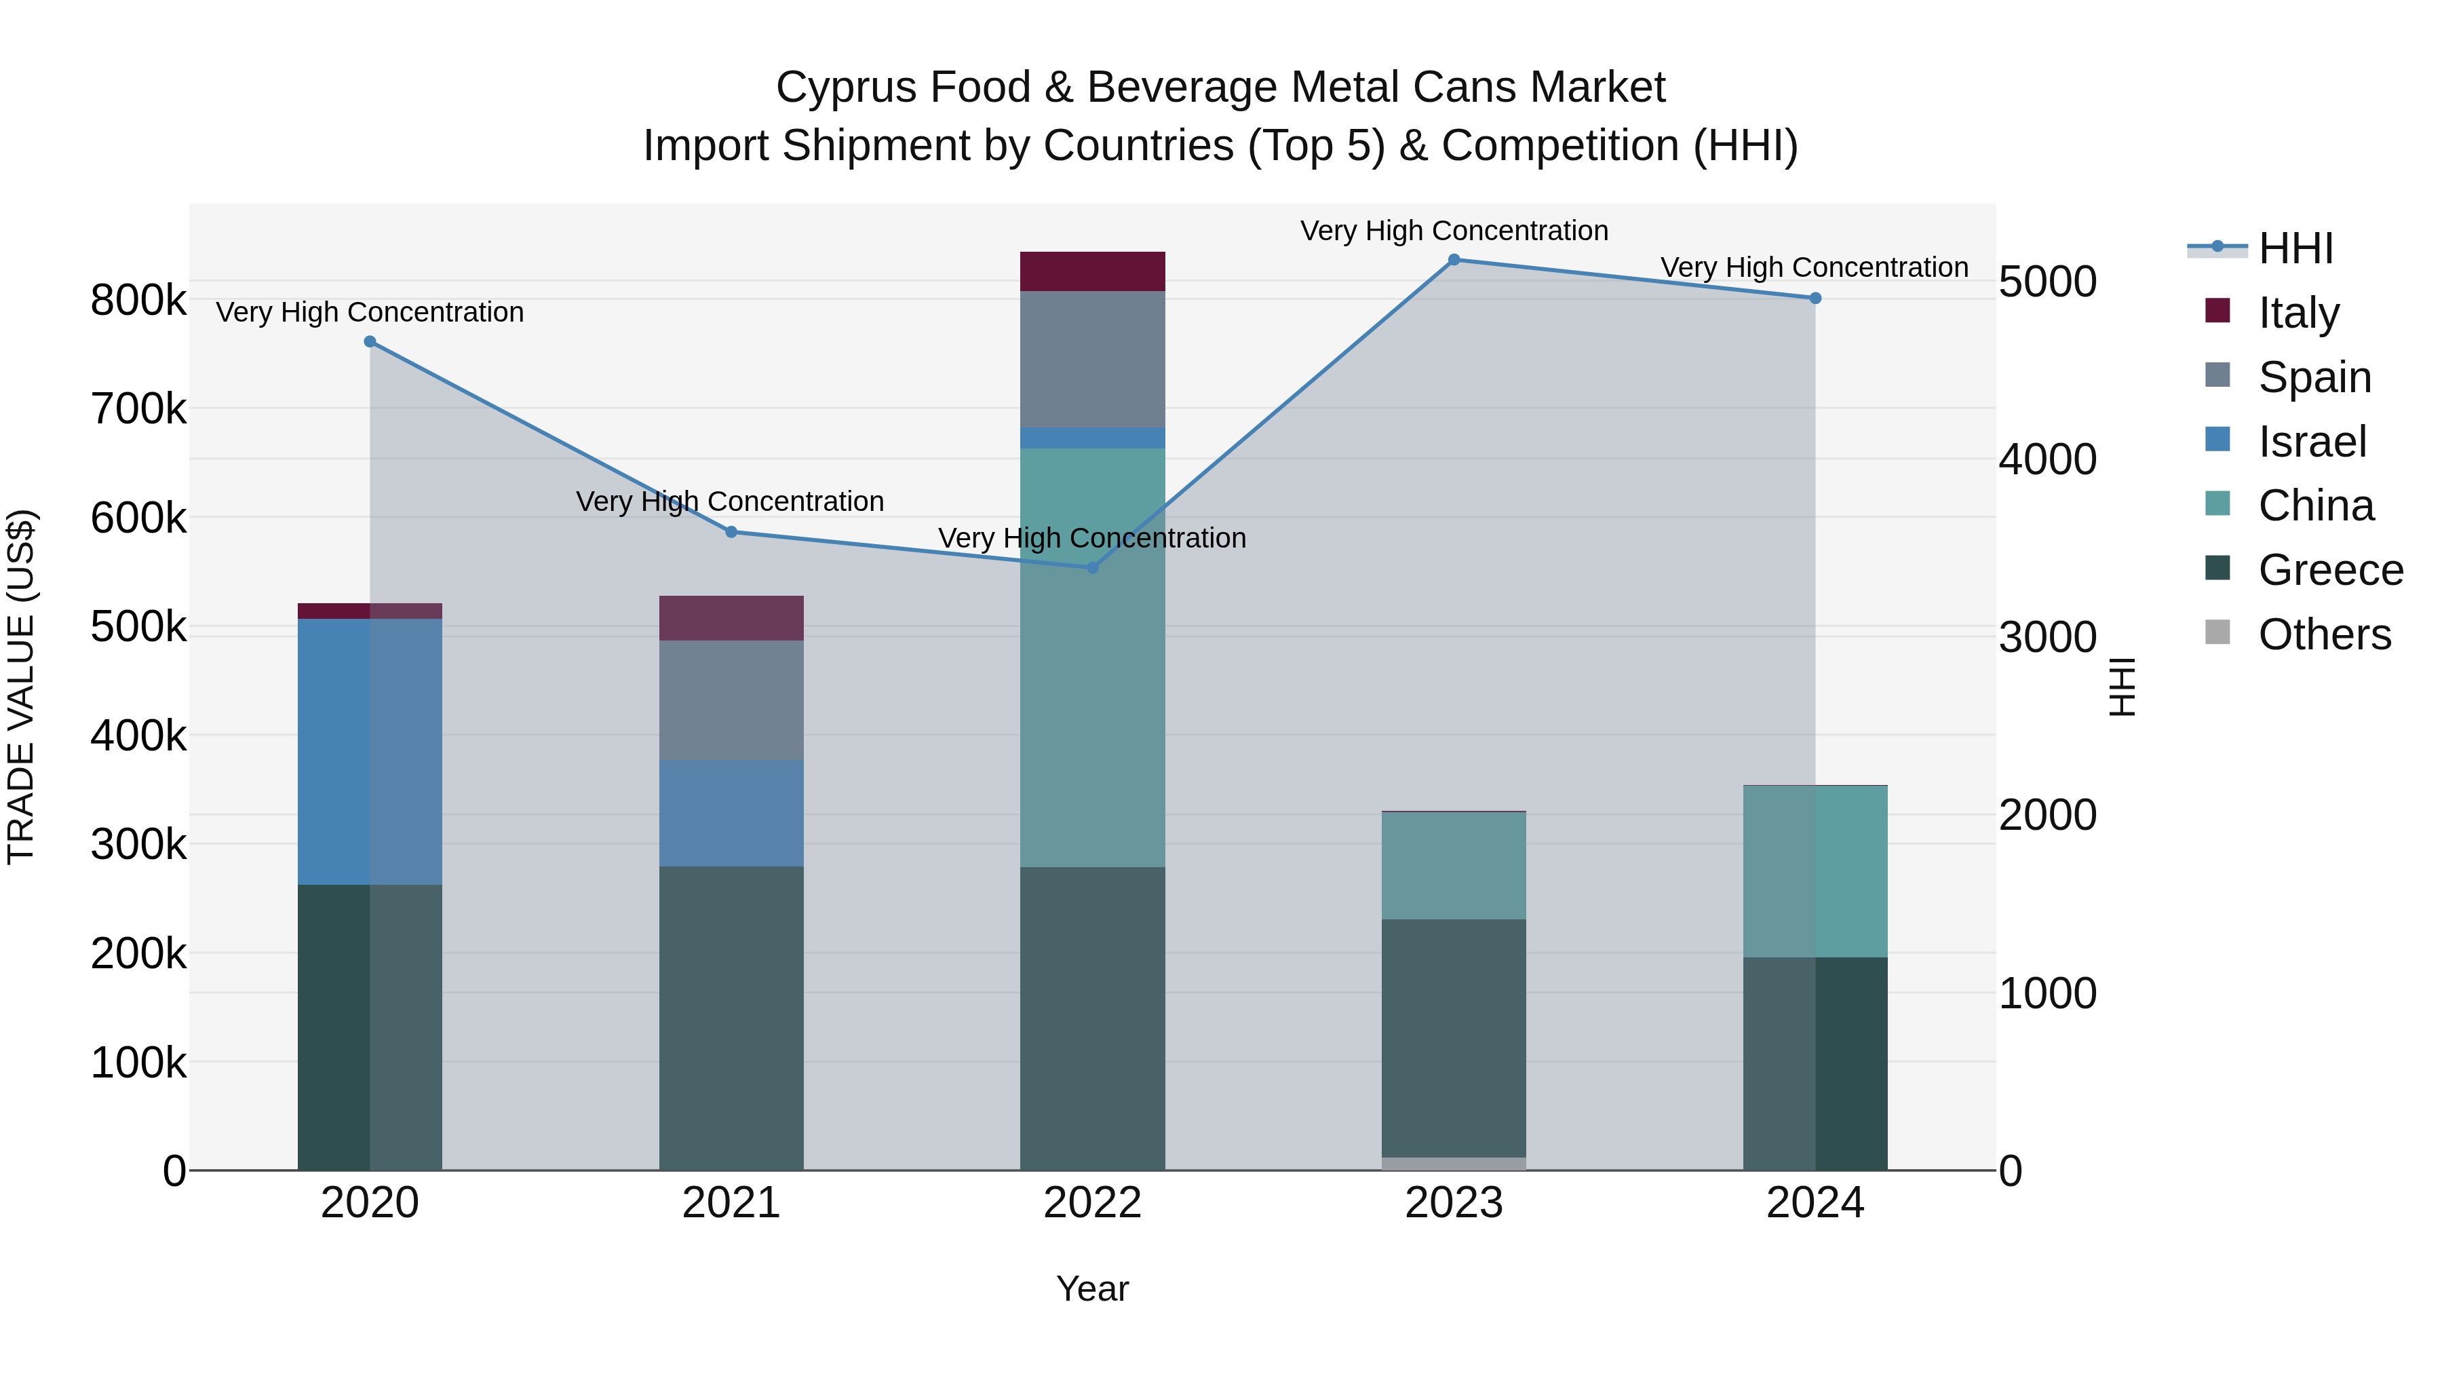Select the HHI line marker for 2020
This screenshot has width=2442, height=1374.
click(x=370, y=343)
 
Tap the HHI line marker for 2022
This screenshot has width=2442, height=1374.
click(x=1092, y=568)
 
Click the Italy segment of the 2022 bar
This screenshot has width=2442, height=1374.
click(x=1092, y=271)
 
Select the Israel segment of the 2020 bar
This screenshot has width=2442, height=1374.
click(x=370, y=751)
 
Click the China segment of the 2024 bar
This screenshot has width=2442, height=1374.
click(x=1815, y=871)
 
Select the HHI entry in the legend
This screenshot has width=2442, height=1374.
click(x=2294, y=248)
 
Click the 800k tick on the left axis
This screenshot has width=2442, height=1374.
click(x=138, y=301)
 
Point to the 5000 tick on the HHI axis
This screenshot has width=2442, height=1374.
click(x=2048, y=282)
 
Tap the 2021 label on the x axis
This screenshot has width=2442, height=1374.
click(x=731, y=1203)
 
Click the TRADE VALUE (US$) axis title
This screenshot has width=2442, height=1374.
click(x=21, y=687)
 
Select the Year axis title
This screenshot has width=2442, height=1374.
click(x=1092, y=1289)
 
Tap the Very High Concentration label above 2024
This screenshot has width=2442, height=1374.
click(x=1813, y=267)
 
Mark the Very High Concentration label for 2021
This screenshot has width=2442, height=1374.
click(x=730, y=501)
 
